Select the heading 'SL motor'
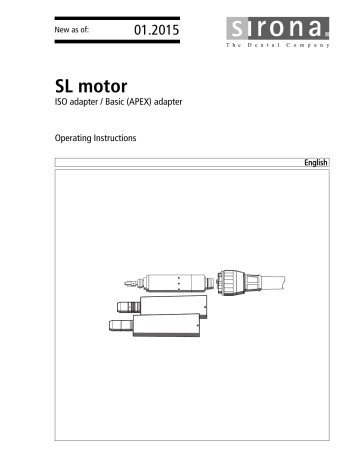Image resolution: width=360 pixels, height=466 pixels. tap(93, 86)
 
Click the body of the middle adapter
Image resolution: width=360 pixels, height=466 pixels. tap(175, 304)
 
